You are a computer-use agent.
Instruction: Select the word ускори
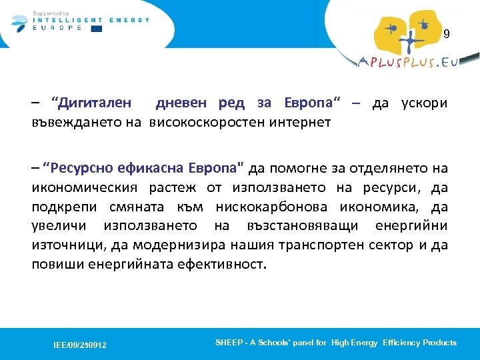coord(424,104)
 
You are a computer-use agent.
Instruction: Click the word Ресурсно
coord(79,167)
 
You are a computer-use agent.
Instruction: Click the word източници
coord(63,244)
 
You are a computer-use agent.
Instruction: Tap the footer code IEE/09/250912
coord(80,345)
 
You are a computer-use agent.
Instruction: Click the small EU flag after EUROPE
coord(97,29)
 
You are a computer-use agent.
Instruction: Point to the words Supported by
coord(51,13)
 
